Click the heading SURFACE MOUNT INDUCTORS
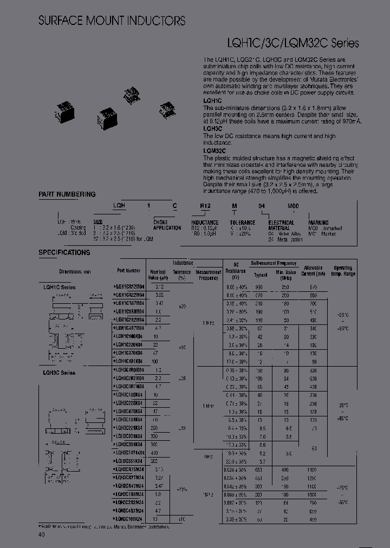pos(112,21)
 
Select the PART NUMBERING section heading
pos(67,194)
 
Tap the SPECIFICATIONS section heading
pos(64,252)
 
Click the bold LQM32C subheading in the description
pos(215,152)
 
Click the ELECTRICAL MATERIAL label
pos(282,225)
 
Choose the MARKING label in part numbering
pos(318,223)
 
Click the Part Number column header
pos(129,270)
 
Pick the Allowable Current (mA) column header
pos(313,271)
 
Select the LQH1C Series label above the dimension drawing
pos(57,287)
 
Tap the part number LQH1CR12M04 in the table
pos(128,286)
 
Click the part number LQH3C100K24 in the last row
pos(128,518)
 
